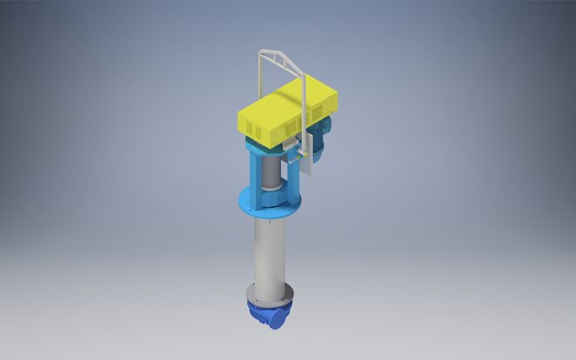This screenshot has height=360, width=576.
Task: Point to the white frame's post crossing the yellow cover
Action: click(x=304, y=117)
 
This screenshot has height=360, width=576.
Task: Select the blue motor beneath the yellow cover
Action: click(x=323, y=139)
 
